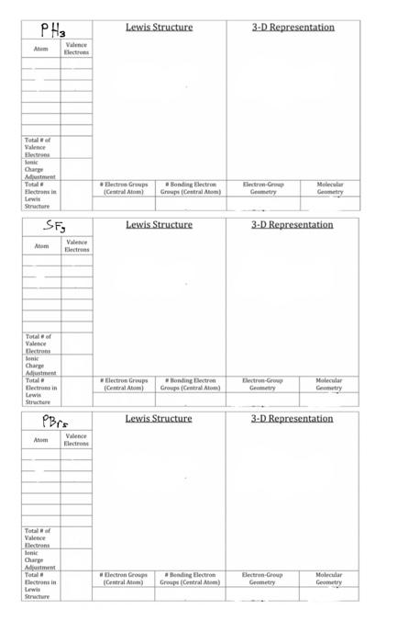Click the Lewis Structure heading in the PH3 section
pos(159,28)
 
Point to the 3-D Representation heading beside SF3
pos(293,225)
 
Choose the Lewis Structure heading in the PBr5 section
pos(159,419)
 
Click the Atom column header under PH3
pos(41,49)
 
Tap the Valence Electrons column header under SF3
pos(76,245)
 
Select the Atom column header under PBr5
pos(41,440)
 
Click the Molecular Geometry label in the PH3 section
pos(329,188)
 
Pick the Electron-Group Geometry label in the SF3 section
pos(263,384)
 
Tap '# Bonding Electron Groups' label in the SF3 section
pos(191,384)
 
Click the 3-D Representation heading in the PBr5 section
pos(293,419)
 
